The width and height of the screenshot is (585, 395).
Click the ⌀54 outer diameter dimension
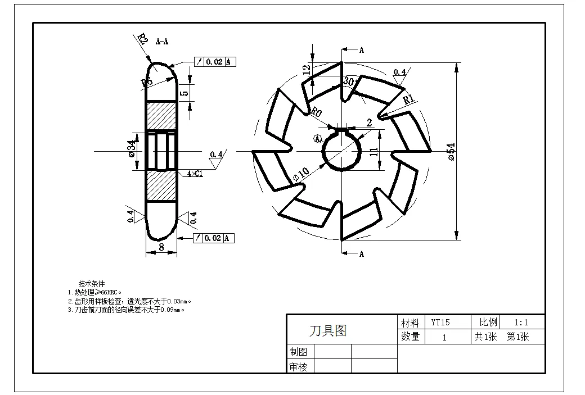point(451,152)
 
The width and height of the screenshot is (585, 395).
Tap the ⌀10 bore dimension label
point(301,174)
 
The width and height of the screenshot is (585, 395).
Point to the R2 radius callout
point(142,39)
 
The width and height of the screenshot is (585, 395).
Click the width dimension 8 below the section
point(161,246)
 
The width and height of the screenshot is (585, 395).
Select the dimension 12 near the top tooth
point(306,70)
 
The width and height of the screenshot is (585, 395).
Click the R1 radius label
point(409,99)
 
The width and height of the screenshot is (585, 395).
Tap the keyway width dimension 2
point(369,122)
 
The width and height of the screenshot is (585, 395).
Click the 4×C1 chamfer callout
point(195,174)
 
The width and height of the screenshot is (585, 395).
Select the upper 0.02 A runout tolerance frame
point(214,62)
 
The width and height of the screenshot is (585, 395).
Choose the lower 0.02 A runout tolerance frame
point(214,238)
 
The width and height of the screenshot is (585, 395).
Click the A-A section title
point(162,42)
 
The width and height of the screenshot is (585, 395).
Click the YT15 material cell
point(440,323)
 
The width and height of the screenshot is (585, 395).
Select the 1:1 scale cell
point(521,323)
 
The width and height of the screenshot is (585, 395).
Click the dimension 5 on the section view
point(183,93)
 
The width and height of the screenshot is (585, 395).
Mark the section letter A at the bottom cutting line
point(362,254)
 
